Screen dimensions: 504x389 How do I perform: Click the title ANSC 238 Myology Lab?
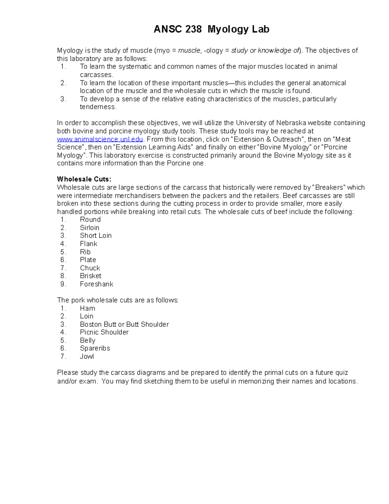[x=211, y=30]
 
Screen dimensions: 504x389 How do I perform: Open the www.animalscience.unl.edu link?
[x=100, y=139]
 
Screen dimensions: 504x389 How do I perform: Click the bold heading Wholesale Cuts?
[x=84, y=179]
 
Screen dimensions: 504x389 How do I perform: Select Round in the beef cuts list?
[x=90, y=219]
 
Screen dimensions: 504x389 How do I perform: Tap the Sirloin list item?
[x=89, y=227]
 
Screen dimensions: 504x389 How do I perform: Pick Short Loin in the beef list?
[x=96, y=236]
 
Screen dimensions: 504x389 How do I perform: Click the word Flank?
[x=88, y=244]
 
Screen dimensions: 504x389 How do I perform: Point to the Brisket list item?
[x=90, y=276]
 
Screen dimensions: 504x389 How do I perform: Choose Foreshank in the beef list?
[x=97, y=284]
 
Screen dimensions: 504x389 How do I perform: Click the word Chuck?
[x=90, y=268]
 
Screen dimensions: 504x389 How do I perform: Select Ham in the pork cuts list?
[x=88, y=308]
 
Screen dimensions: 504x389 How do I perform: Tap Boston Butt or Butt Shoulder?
[x=124, y=324]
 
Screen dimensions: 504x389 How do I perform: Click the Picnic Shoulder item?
[x=104, y=332]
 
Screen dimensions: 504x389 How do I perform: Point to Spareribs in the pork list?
[x=95, y=348]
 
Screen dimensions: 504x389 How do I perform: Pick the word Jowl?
[x=87, y=356]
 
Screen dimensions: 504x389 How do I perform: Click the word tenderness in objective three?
[x=98, y=107]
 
